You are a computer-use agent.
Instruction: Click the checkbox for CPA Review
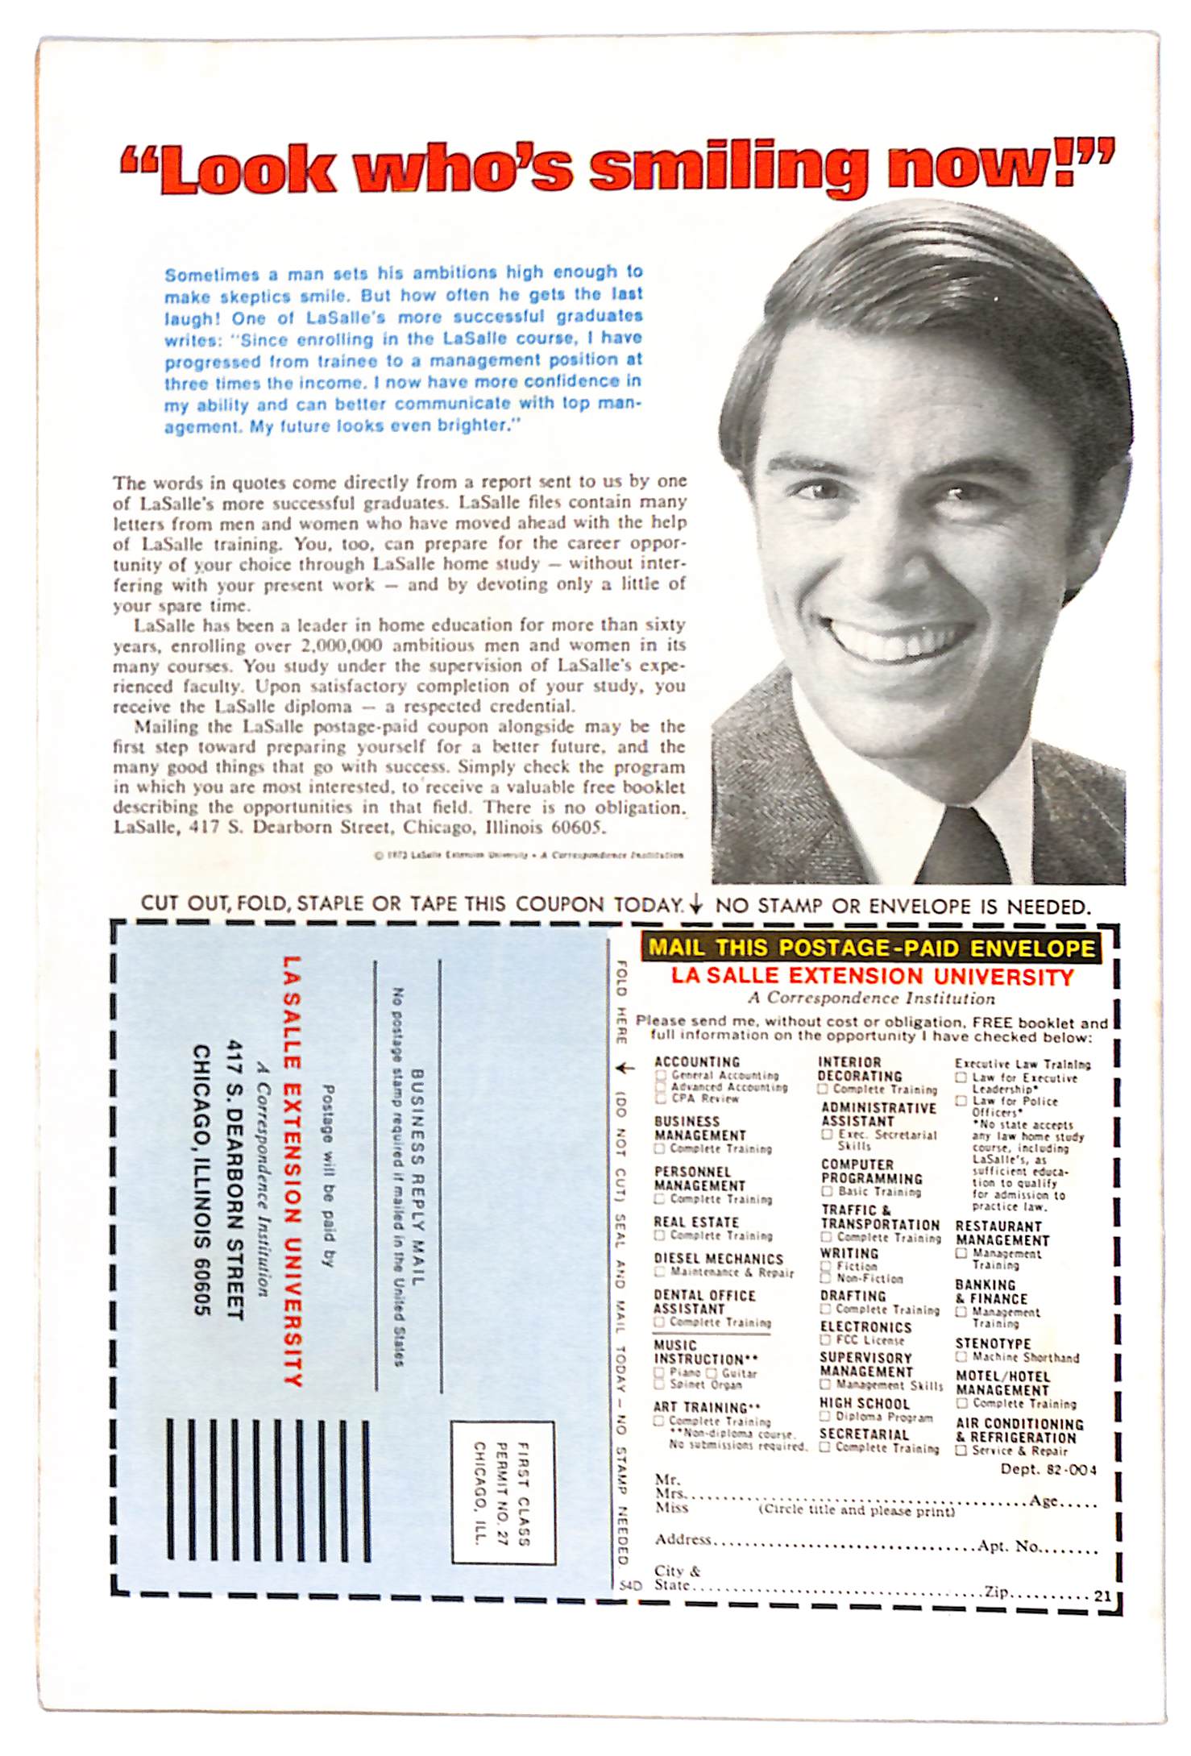[661, 1098]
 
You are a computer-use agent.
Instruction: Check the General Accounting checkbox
[661, 1075]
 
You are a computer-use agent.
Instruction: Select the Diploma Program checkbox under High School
[825, 1417]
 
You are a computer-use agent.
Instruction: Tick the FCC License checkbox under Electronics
[825, 1340]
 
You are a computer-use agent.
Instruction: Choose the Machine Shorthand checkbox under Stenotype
[961, 1357]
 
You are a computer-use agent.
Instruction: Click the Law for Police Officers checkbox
[961, 1101]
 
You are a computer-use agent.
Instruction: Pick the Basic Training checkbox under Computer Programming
[827, 1191]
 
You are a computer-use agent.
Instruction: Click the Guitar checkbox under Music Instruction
[712, 1373]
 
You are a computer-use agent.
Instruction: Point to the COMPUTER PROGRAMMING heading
[871, 1172]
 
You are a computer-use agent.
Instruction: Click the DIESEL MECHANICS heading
[718, 1259]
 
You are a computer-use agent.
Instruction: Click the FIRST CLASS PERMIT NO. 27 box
[503, 1492]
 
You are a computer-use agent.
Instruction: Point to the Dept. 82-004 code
[1048, 1469]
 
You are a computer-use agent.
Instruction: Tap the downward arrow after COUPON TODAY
[696, 905]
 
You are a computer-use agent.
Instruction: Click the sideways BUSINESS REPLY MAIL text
[417, 1177]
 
